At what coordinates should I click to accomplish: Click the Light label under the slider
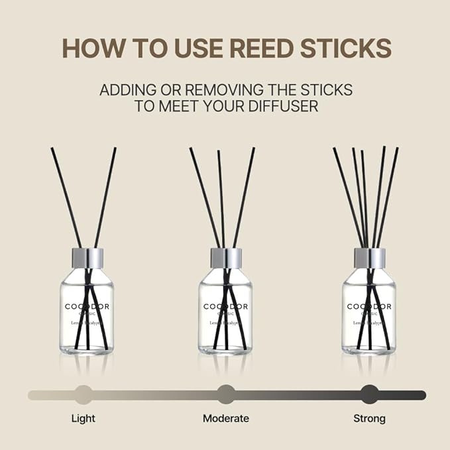click(83, 418)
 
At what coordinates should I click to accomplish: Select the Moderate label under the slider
click(226, 418)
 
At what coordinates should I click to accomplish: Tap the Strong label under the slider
click(369, 418)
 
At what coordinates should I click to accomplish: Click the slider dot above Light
click(84, 395)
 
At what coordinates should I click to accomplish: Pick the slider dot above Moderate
click(226, 395)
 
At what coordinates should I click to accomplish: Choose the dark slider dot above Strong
click(369, 395)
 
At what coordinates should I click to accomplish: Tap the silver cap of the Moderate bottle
click(226, 258)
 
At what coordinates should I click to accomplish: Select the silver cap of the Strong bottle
click(369, 258)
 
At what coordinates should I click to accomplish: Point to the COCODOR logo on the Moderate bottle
click(226, 306)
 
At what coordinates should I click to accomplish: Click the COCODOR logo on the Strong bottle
click(369, 306)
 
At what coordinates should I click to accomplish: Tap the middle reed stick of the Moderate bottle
click(221, 199)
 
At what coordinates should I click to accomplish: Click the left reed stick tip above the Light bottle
click(53, 151)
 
